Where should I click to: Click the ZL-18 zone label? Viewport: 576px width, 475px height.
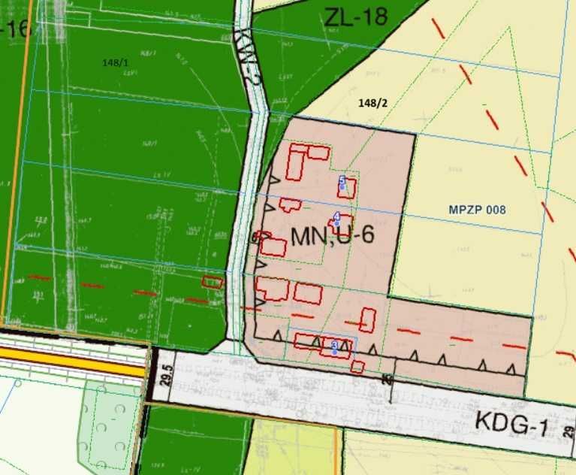355,16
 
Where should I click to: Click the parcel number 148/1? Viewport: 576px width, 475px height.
116,63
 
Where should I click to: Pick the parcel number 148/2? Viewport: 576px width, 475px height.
373,102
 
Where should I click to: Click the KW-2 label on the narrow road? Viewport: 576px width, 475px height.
249,56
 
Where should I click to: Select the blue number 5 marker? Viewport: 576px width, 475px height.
342,180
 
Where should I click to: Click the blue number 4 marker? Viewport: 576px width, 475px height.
336,216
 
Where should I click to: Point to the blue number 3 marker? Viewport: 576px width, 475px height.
333,345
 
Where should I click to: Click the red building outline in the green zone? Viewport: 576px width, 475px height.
213,282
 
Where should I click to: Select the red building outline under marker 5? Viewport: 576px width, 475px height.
346,188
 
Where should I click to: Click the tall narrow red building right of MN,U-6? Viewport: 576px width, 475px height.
367,319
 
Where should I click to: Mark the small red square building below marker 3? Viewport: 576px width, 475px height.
357,367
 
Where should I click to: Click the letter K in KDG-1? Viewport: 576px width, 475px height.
481,418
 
